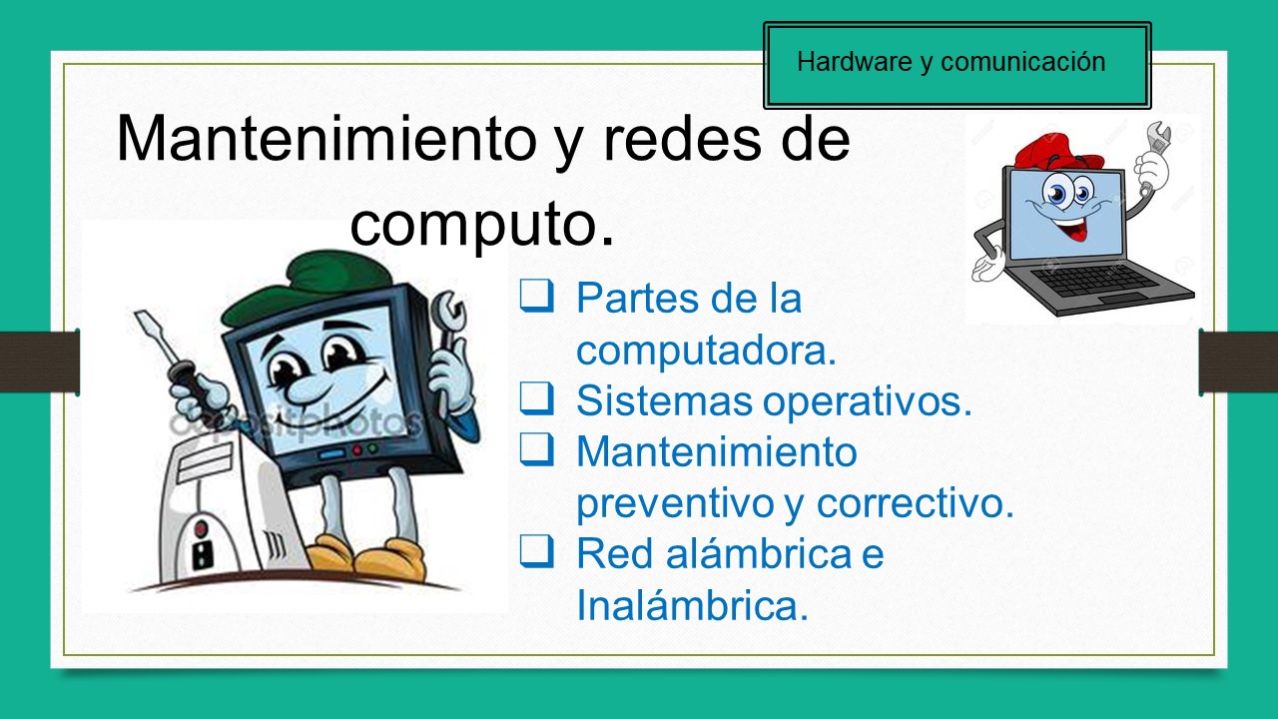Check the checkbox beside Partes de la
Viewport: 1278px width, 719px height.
(x=536, y=296)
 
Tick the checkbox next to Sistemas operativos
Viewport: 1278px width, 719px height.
(x=536, y=399)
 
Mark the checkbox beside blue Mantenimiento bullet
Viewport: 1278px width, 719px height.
(x=536, y=450)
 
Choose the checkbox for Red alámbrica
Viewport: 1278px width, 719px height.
(x=536, y=552)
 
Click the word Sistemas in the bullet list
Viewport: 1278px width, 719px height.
(x=663, y=400)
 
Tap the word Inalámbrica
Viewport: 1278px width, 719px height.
(x=691, y=605)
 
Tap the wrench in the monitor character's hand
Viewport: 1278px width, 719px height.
(x=448, y=320)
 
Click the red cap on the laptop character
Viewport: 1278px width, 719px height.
(x=1058, y=150)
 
